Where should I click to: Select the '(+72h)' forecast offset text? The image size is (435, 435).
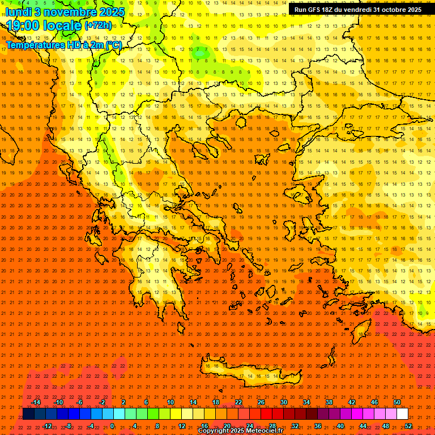pyautogui.click(x=99, y=25)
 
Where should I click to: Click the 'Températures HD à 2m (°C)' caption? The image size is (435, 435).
pyautogui.click(x=64, y=45)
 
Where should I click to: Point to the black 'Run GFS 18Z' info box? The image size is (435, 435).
pyautogui.click(x=357, y=10)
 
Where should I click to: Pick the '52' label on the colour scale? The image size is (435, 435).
pyautogui.click(x=408, y=425)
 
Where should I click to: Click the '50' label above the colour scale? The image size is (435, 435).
pyautogui.click(x=397, y=402)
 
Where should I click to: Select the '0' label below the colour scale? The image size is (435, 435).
pyautogui.click(x=112, y=425)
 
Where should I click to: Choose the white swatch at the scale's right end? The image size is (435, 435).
pyautogui.click(x=402, y=414)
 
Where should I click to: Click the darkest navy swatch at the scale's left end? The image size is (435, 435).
pyautogui.click(x=28, y=414)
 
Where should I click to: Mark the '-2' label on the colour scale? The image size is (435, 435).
pyautogui.click(x=102, y=402)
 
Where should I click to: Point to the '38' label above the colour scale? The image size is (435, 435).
pyautogui.click(x=329, y=402)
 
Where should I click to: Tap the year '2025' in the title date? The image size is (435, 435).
pyautogui.click(x=111, y=11)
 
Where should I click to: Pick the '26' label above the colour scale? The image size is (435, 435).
pyautogui.click(x=261, y=402)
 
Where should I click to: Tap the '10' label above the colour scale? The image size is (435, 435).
pyautogui.click(x=170, y=402)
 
